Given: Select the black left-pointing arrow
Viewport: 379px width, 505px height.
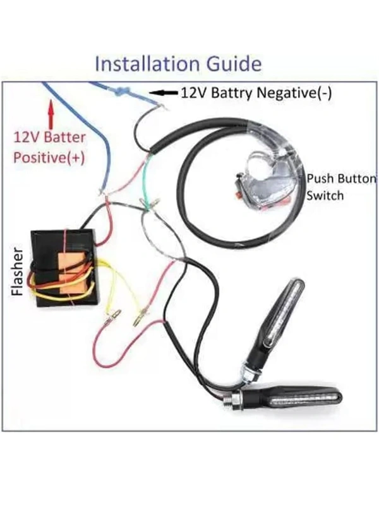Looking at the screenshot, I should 165,92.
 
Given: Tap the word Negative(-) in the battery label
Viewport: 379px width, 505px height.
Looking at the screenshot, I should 296,93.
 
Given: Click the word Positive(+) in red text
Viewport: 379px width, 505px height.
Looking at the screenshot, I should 49,157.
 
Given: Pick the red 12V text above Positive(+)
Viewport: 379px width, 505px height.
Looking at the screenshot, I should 28,137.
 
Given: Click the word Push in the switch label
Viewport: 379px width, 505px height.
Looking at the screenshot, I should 320,179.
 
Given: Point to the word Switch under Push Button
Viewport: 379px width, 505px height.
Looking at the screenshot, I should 325,195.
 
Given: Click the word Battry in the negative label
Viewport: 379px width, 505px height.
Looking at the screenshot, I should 232,93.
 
